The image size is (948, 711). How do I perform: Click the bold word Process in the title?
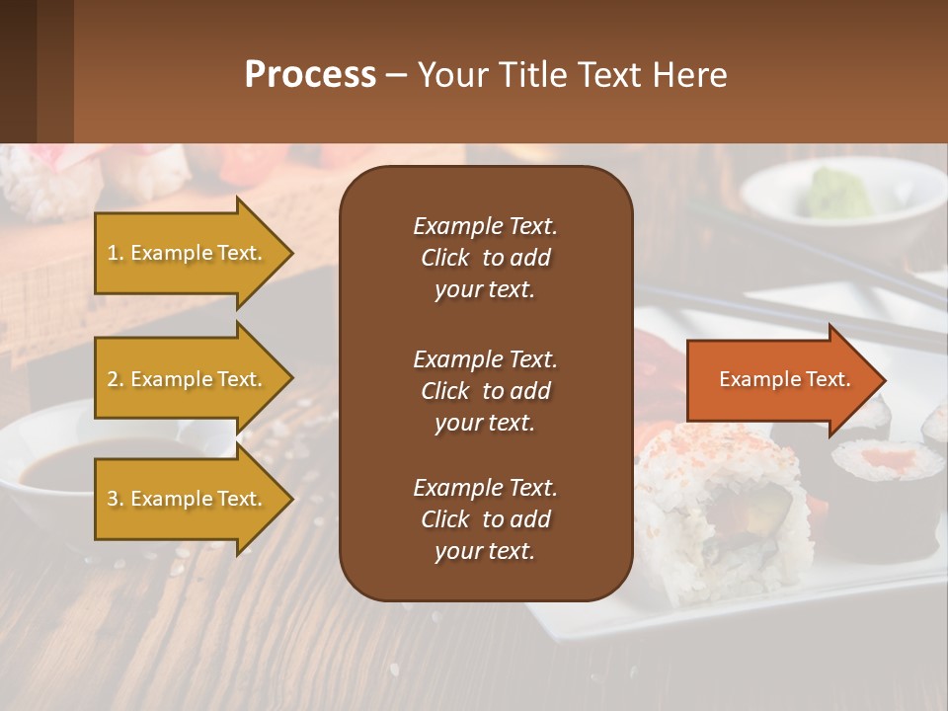pyautogui.click(x=310, y=75)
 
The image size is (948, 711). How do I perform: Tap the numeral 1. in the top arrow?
pyautogui.click(x=116, y=253)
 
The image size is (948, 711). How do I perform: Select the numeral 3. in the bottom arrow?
pyautogui.click(x=116, y=499)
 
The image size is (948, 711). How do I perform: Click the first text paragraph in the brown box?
pyautogui.click(x=485, y=258)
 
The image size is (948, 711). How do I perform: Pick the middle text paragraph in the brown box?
pyautogui.click(x=485, y=391)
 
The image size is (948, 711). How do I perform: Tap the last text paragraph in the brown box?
pyautogui.click(x=485, y=519)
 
